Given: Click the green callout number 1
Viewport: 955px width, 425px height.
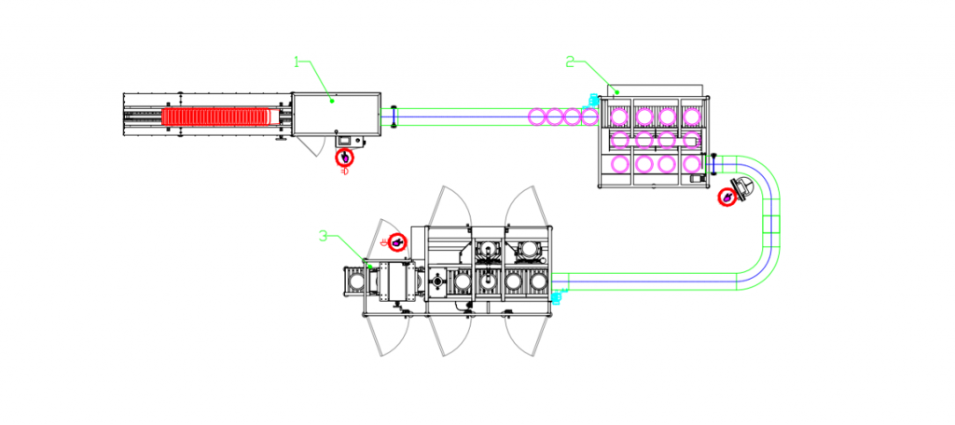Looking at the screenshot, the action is click(298, 62).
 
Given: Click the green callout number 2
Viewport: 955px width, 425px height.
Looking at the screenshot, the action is click(570, 62).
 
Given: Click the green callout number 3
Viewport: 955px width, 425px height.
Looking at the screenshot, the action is click(324, 236).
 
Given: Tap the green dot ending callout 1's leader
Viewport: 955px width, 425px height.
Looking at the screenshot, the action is click(333, 100).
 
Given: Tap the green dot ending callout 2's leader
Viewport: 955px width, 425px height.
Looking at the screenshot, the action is click(616, 92).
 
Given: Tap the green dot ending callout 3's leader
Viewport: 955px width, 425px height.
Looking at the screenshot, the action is click(371, 267).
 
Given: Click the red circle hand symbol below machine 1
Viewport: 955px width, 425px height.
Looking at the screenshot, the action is click(345, 158).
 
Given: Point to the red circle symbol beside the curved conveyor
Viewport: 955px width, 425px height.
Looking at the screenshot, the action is click(726, 197).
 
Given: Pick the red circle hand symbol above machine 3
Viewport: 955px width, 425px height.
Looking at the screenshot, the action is click(397, 242).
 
